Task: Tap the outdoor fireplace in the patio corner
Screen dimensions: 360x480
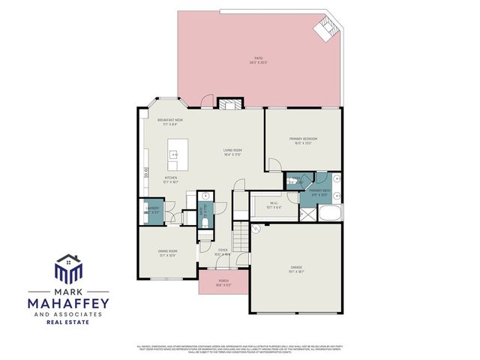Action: pyautogui.click(x=327, y=29)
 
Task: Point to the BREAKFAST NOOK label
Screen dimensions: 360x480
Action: pyautogui.click(x=170, y=119)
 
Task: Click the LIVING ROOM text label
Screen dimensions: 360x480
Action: pyautogui.click(x=232, y=151)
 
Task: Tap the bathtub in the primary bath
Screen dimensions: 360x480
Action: pyautogui.click(x=328, y=214)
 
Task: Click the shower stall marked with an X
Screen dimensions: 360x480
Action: pyautogui.click(x=307, y=213)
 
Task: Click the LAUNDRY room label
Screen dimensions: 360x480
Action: pyautogui.click(x=152, y=209)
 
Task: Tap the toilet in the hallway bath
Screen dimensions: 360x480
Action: pyautogui.click(x=205, y=223)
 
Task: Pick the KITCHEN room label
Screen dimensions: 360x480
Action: pyautogui.click(x=170, y=178)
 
